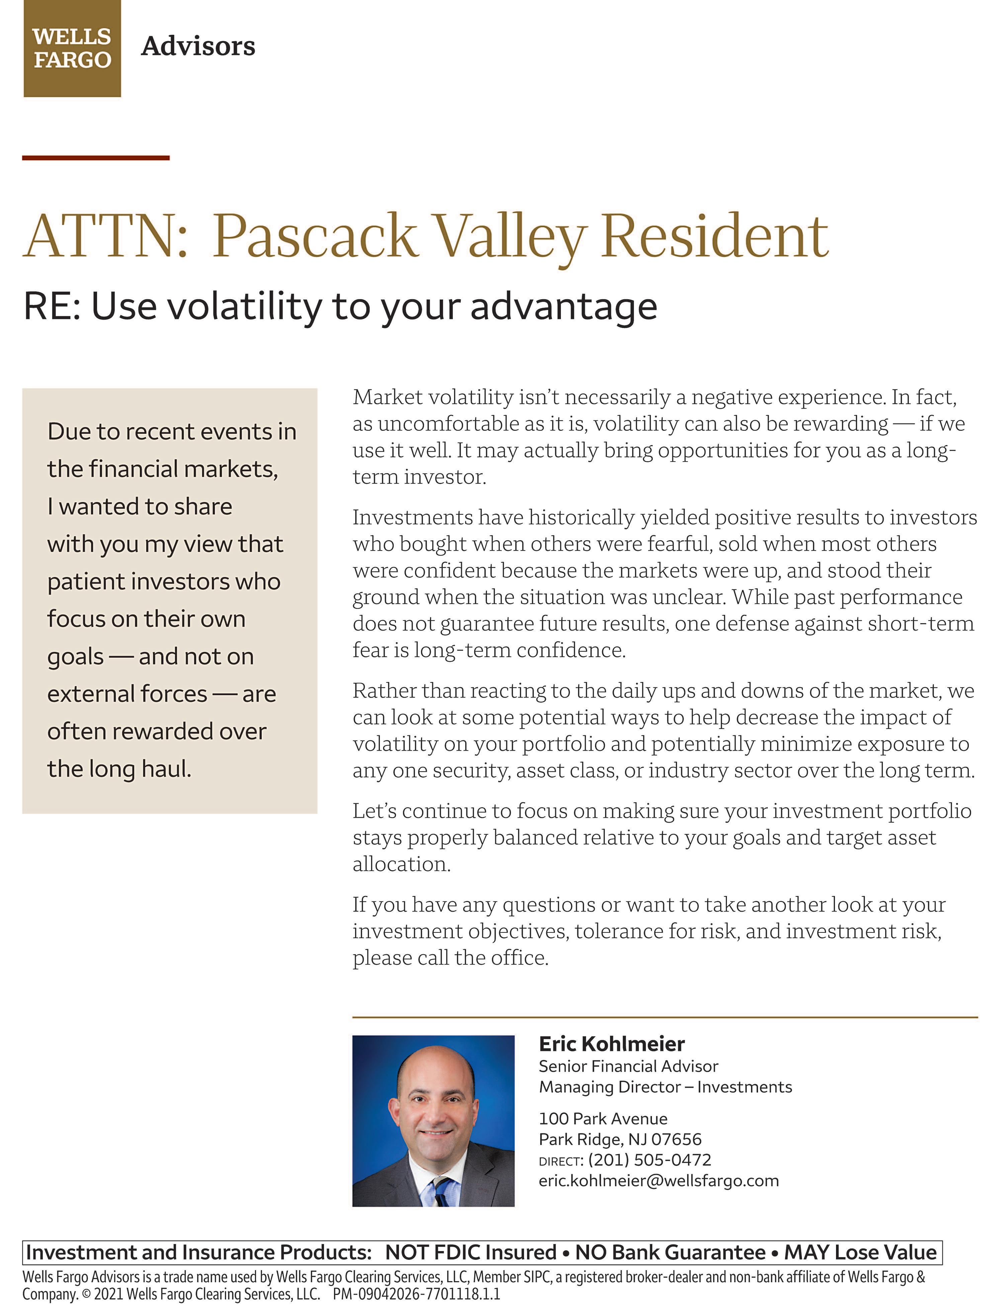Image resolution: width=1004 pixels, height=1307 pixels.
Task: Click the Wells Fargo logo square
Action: click(x=72, y=49)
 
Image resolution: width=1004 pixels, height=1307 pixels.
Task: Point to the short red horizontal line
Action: click(x=96, y=158)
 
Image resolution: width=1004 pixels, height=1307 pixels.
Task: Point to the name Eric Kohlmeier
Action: click(x=611, y=1044)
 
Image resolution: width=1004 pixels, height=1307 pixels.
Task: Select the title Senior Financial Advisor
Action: click(x=628, y=1066)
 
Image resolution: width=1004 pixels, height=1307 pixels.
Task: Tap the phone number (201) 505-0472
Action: click(x=650, y=1160)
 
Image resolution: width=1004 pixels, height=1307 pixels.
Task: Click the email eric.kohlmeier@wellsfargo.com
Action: click(x=659, y=1181)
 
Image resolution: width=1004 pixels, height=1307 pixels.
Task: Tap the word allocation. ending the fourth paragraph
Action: click(x=401, y=864)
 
